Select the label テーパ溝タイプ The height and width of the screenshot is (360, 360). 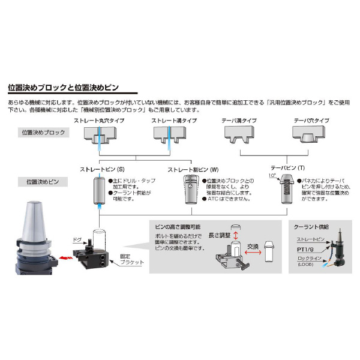coord(237,120)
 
